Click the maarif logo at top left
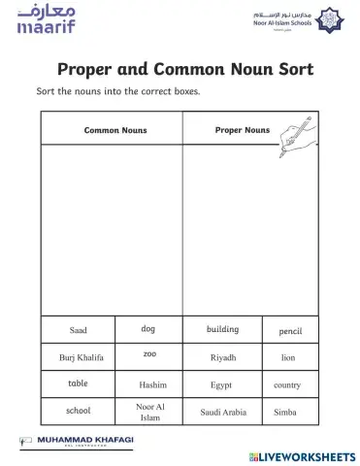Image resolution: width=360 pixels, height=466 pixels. click(x=45, y=18)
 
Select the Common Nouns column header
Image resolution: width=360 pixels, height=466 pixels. click(x=115, y=129)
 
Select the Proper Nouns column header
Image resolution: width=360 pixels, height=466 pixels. click(x=242, y=129)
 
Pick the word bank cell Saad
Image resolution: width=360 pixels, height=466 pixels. click(x=79, y=331)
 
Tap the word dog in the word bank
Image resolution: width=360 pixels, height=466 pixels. click(x=148, y=329)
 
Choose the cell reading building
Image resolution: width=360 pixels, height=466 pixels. click(x=223, y=330)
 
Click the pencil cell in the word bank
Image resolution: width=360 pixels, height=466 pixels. click(x=290, y=331)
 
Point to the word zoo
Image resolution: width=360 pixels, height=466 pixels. click(x=149, y=354)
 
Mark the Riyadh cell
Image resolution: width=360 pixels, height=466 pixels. click(x=223, y=357)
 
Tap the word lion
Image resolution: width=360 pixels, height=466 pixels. click(x=288, y=357)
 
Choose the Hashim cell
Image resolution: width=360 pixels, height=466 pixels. click(x=152, y=384)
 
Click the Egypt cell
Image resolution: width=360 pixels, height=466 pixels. click(x=221, y=384)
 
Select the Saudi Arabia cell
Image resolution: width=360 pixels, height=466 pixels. click(x=223, y=412)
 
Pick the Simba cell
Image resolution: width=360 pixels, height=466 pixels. click(x=285, y=412)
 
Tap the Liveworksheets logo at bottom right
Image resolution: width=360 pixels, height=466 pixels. click(x=302, y=455)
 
